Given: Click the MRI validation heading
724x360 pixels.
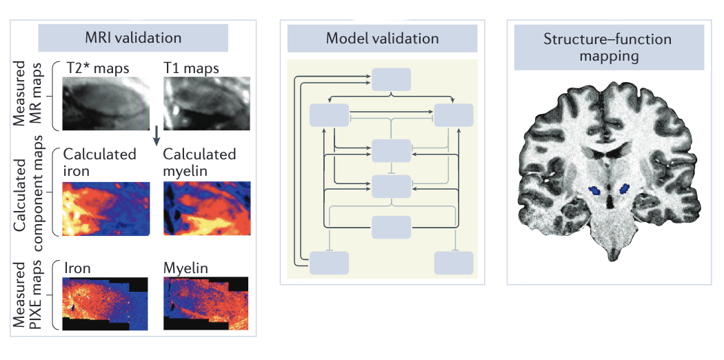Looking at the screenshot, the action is tap(133, 37).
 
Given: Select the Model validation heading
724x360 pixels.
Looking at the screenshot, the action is tap(382, 38).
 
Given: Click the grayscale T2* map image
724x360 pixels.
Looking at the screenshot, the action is tap(106, 103).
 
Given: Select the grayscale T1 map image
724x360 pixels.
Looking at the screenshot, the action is tap(207, 103).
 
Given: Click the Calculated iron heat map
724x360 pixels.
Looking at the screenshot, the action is tap(106, 208).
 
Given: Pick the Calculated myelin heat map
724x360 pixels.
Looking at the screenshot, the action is tap(207, 208).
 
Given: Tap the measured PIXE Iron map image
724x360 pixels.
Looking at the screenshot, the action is tap(105, 303).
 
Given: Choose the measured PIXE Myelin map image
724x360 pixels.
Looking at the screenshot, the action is tap(206, 303).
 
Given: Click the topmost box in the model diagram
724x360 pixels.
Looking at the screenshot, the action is tap(391, 79).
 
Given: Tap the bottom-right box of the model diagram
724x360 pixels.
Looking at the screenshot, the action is tap(454, 263).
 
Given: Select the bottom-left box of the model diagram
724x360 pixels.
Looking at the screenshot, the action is tap(329, 263).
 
